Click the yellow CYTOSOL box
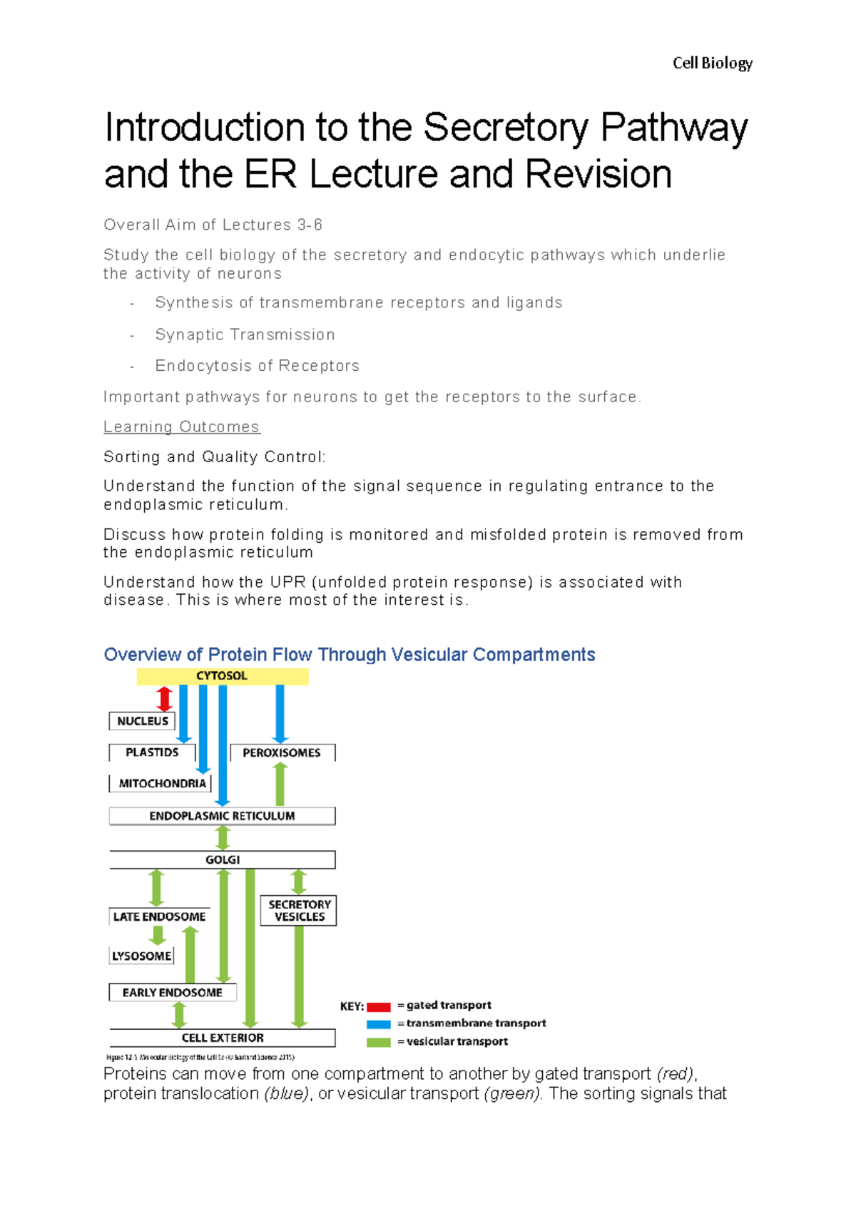pyautogui.click(x=222, y=676)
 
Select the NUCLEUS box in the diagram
pyautogui.click(x=142, y=721)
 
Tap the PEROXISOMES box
pyautogui.click(x=282, y=752)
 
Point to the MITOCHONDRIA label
pyautogui.click(x=162, y=783)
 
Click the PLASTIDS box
pyautogui.click(x=152, y=752)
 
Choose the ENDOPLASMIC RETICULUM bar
pyautogui.click(x=222, y=816)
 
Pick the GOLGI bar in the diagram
pyautogui.click(x=222, y=859)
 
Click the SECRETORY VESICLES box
pyautogui.click(x=299, y=911)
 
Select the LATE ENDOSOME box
pyautogui.click(x=159, y=916)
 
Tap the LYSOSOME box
pyautogui.click(x=142, y=956)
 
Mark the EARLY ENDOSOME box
pyautogui.click(x=172, y=992)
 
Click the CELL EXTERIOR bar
pyautogui.click(x=222, y=1038)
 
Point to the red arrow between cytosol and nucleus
pyautogui.click(x=164, y=698)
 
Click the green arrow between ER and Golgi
pyautogui.click(x=223, y=837)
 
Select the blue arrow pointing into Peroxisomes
pyautogui.click(x=280, y=713)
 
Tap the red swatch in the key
pyautogui.click(x=379, y=1006)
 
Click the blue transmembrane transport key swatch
pyautogui.click(x=379, y=1024)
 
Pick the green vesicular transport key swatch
pyautogui.click(x=379, y=1042)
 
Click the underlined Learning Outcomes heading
pyautogui.click(x=181, y=426)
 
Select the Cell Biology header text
pyautogui.click(x=712, y=63)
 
